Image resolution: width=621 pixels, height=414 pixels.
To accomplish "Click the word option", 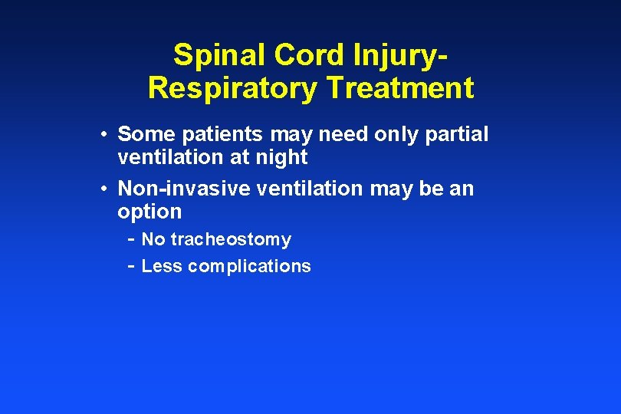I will [x=149, y=212].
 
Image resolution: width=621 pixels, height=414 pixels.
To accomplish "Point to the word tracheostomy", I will [x=231, y=239].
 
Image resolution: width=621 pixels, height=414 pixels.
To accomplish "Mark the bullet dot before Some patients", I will [x=103, y=135].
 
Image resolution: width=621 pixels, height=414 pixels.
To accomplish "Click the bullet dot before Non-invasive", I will [x=103, y=189].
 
